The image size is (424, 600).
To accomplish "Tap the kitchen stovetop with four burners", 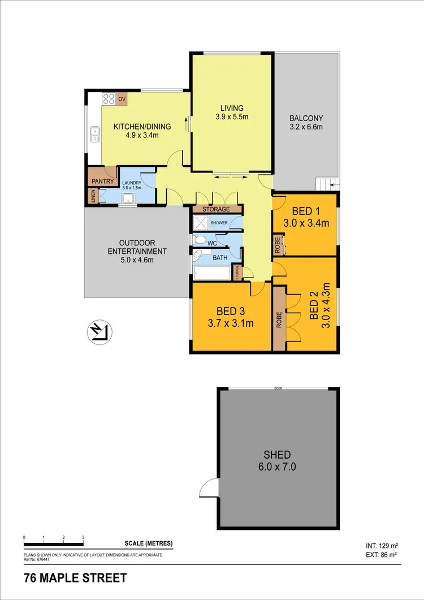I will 109,100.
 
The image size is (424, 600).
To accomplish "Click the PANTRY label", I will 102,182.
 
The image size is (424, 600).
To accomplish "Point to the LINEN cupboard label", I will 93,196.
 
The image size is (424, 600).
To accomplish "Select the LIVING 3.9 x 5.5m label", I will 232,113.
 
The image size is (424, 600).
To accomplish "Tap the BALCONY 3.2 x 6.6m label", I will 306,123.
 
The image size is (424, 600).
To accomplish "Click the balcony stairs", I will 327,184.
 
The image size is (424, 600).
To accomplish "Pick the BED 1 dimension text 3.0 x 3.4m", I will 306,223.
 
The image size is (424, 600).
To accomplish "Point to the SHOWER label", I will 219,223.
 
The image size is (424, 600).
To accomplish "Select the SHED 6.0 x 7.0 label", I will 277,460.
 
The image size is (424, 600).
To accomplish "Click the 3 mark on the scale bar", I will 83,537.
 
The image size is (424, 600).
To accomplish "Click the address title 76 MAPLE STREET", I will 75,579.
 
